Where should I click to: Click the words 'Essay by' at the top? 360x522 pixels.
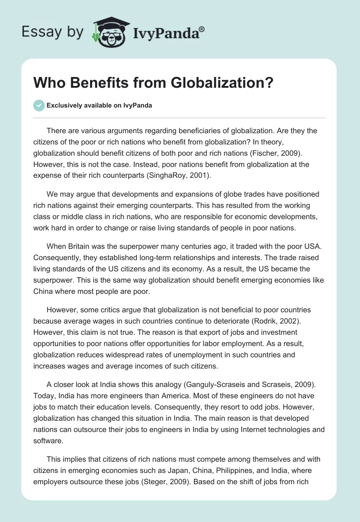[53, 31]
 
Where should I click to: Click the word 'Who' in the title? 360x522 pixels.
[47, 84]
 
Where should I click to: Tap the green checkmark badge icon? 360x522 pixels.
[38, 105]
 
